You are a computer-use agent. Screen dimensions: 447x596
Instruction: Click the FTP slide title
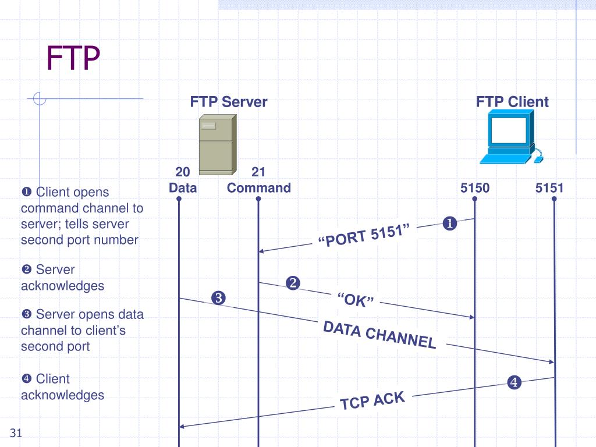tap(73, 59)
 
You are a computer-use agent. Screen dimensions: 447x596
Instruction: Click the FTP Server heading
tap(229, 102)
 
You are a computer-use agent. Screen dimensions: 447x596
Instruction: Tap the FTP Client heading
tap(512, 102)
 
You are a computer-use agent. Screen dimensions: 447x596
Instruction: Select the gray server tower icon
tap(217, 144)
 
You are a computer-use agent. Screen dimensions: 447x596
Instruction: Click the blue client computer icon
tap(510, 139)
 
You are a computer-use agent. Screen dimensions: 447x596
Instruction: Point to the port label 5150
tap(475, 188)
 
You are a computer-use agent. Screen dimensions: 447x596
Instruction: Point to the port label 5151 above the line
tap(550, 188)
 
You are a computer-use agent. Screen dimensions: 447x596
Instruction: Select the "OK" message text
tap(355, 300)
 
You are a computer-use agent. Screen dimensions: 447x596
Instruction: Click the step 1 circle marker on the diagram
tap(449, 223)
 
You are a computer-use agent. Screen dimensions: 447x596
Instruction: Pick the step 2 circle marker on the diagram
tap(292, 283)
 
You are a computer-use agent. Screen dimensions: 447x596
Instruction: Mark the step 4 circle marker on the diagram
tap(513, 382)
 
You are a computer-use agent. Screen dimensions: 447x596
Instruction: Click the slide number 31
tap(16, 432)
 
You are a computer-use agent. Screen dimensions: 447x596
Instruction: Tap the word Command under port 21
tap(258, 188)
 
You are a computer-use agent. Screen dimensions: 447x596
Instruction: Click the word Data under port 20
tap(183, 188)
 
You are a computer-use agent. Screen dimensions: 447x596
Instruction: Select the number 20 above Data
tap(183, 172)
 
